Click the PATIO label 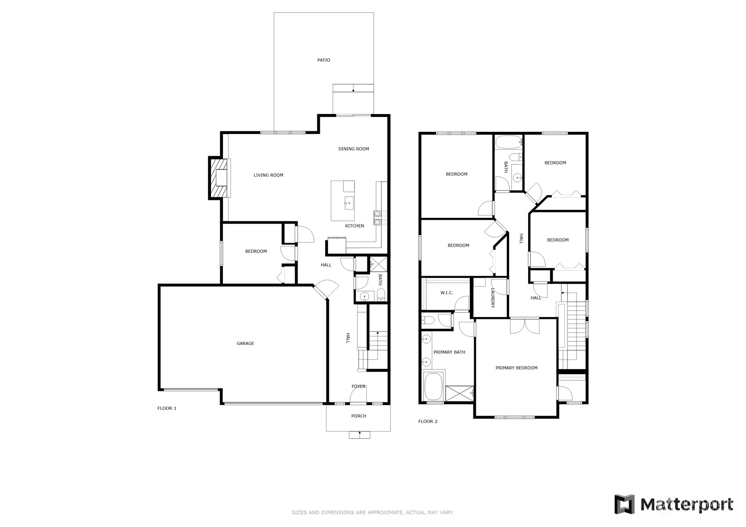pyautogui.click(x=323, y=60)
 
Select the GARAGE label pyautogui.click(x=245, y=343)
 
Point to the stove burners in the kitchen pyautogui.click(x=379, y=218)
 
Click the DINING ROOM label pyautogui.click(x=353, y=149)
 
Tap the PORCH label pyautogui.click(x=358, y=416)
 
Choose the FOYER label pyautogui.click(x=358, y=386)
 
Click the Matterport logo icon pyautogui.click(x=624, y=504)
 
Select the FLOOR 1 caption pyautogui.click(x=167, y=408)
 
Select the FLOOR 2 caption pyautogui.click(x=428, y=421)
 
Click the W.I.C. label pyautogui.click(x=447, y=293)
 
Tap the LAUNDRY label pyautogui.click(x=492, y=298)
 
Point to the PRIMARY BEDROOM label pyautogui.click(x=516, y=368)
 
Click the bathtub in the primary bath pyautogui.click(x=433, y=386)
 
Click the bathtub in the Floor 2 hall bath pyautogui.click(x=508, y=143)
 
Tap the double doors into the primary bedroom pyautogui.click(x=525, y=326)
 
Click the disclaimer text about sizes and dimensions pyautogui.click(x=372, y=512)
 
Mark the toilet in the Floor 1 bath pyautogui.click(x=381, y=294)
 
